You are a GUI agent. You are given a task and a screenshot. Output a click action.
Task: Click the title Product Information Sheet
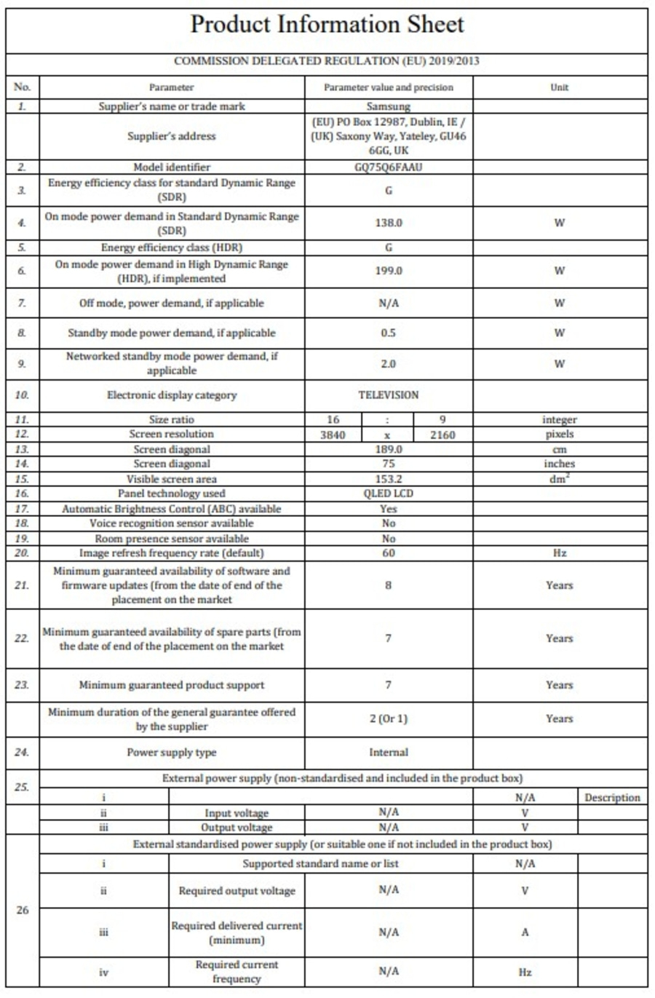click(x=327, y=25)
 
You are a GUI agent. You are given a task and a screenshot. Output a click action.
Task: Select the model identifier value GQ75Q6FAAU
click(x=389, y=167)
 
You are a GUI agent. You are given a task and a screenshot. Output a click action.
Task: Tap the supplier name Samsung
click(x=389, y=106)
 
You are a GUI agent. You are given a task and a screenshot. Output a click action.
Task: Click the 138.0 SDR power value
click(x=389, y=223)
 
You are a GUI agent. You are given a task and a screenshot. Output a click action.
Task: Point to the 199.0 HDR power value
click(x=389, y=271)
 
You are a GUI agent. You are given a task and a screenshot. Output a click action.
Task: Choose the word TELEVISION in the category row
click(x=389, y=395)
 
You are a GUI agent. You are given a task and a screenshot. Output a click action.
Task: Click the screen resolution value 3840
click(x=333, y=435)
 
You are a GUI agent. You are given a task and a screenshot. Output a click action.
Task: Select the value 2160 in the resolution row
click(x=442, y=435)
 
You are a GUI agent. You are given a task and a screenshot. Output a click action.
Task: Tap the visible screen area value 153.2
click(x=389, y=479)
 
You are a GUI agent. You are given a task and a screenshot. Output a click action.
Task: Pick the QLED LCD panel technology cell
click(x=389, y=494)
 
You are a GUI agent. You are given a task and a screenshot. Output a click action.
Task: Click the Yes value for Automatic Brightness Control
click(x=389, y=509)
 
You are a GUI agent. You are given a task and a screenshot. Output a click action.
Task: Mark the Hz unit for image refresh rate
click(x=559, y=553)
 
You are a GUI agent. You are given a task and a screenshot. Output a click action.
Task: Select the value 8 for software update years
click(x=389, y=585)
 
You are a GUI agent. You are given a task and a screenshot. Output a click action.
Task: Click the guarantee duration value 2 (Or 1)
click(x=389, y=718)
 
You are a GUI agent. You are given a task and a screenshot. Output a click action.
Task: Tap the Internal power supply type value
click(x=389, y=753)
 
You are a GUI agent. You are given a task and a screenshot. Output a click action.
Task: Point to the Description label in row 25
click(x=612, y=798)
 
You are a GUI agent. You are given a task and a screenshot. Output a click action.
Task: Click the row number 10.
click(x=22, y=395)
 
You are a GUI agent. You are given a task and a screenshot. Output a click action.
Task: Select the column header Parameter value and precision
click(x=389, y=87)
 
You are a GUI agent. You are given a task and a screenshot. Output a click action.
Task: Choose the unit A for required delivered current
click(x=525, y=932)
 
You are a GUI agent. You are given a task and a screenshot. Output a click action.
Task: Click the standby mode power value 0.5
click(x=389, y=333)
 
